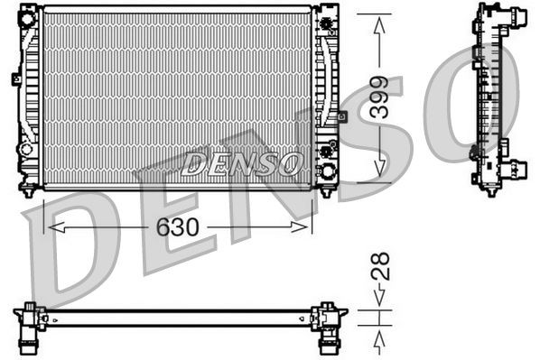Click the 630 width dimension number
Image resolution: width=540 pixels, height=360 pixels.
tap(177, 227)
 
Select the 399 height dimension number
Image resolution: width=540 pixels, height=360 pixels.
tap(379, 99)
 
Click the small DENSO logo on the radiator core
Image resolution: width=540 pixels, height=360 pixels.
tap(241, 163)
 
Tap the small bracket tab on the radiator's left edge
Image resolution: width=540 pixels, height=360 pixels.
tap(16, 78)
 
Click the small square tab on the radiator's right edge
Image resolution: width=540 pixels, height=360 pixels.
tap(342, 115)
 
